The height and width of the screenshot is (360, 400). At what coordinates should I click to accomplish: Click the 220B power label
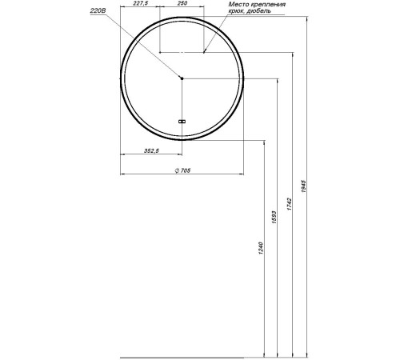pyautogui.click(x=98, y=11)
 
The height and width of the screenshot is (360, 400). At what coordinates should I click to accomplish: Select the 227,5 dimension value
pyautogui.click(x=141, y=3)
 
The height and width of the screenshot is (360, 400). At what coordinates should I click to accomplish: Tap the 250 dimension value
pyautogui.click(x=182, y=3)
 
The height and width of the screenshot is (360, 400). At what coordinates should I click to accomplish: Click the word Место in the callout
pyautogui.click(x=238, y=4)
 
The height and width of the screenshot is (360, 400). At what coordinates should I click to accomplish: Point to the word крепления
pyautogui.click(x=268, y=5)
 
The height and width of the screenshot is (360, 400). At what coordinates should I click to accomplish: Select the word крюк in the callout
pyautogui.click(x=236, y=11)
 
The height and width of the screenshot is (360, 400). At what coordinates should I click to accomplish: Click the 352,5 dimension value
pyautogui.click(x=151, y=150)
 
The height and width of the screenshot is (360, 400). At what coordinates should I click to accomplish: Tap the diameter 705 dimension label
pyautogui.click(x=182, y=170)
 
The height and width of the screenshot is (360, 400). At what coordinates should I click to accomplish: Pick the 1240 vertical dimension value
pyautogui.click(x=261, y=248)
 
